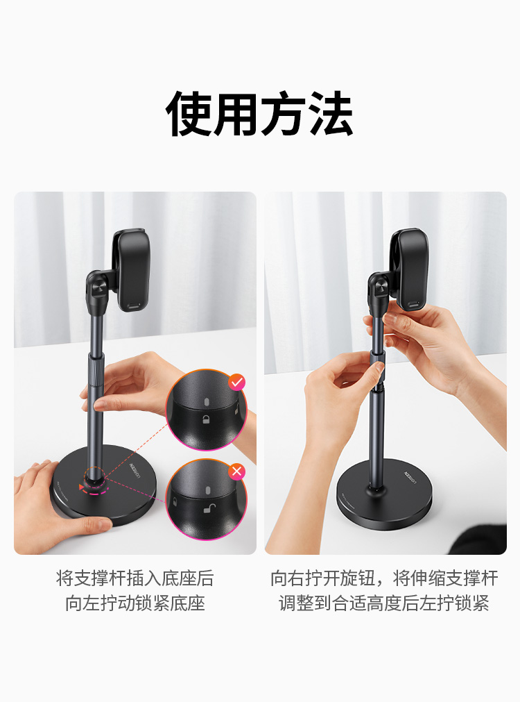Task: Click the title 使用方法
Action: coord(259,113)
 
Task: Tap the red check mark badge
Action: coord(236,383)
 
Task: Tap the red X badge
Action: coord(236,471)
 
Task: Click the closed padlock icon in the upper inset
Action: coord(206,420)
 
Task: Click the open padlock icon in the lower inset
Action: coord(209,508)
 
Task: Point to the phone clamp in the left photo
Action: coord(132,270)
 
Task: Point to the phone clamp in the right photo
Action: coord(410,269)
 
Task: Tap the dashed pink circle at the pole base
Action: coord(95,481)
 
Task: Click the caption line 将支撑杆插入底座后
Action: coord(135,578)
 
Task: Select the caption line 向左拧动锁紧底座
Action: coord(135,603)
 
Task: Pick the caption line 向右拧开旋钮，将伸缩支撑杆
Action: coord(385,578)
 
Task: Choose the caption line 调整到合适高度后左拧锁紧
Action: coord(385,603)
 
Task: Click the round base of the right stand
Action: coord(384,494)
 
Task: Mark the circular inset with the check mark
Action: coord(206,410)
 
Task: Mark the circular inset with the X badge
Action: coord(206,499)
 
